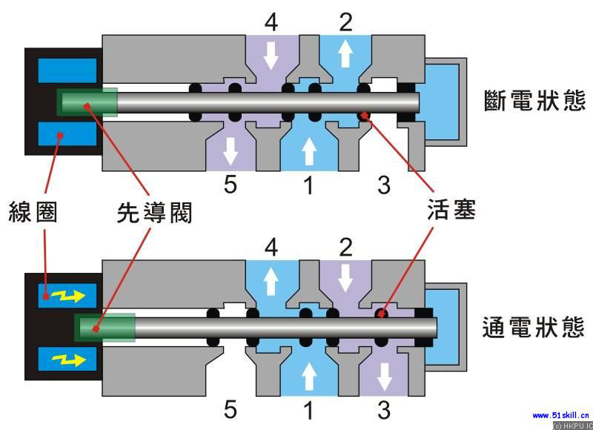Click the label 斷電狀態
pos(534,100)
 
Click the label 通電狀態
pos(534,326)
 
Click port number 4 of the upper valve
pos(271,21)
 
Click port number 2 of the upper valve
pos(345,21)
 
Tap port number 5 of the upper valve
pos(231,185)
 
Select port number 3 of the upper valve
pos(383,185)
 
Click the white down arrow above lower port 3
pos(383,376)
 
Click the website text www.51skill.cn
pos(560,415)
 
